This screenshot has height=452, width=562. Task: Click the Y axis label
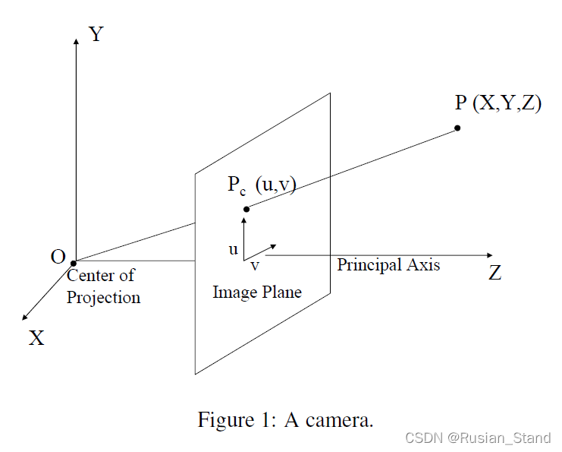coord(96,34)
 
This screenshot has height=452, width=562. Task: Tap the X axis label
coord(36,338)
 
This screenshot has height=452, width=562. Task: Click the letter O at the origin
coord(58,257)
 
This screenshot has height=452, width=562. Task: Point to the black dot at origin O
coord(74,263)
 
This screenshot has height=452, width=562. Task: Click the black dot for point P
coord(458,128)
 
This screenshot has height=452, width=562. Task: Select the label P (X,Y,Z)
coord(498,104)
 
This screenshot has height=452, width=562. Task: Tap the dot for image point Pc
coord(246,209)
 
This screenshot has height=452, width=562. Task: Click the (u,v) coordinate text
coord(275,185)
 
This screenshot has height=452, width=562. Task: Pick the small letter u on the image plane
coord(233,248)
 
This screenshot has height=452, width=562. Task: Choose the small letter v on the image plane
coord(255,266)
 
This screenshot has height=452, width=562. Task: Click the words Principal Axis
coord(388,265)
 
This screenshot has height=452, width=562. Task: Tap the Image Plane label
coord(257,292)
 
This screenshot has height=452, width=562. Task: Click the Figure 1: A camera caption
coord(285,419)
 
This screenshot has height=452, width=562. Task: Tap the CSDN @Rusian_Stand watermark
coord(478,438)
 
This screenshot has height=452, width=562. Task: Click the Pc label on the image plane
coord(237,185)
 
